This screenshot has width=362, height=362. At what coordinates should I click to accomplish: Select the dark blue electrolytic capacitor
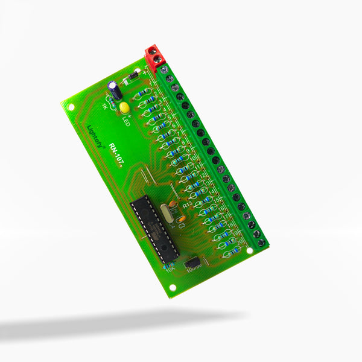(115, 91)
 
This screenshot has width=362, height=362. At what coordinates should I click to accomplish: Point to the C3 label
(182, 225)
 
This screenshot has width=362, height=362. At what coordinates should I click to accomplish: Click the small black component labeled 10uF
(192, 263)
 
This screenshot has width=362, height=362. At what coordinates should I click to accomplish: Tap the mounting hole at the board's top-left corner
(71, 107)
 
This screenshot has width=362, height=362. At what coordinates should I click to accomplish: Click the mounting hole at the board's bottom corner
(172, 287)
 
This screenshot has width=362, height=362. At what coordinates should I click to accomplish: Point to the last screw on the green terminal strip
(261, 243)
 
